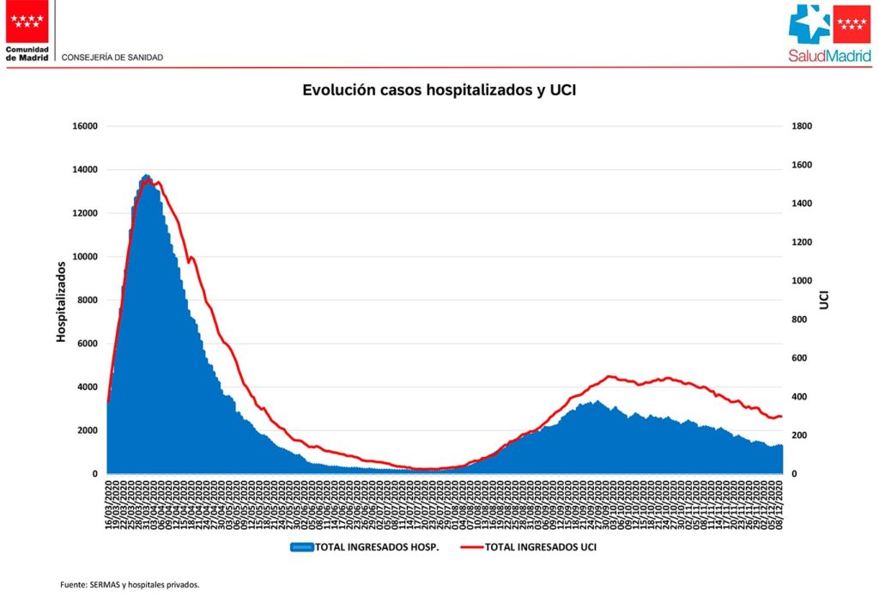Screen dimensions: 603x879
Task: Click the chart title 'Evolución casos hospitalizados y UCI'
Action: click(x=439, y=89)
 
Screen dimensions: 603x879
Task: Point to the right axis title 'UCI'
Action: click(x=823, y=299)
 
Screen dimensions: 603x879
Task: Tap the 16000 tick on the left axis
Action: click(x=86, y=126)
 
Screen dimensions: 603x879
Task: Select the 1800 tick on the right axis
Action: click(x=802, y=126)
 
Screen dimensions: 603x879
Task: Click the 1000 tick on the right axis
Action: click(x=802, y=281)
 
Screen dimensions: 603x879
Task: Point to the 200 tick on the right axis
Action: click(x=799, y=435)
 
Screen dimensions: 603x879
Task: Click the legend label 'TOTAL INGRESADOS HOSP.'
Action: click(x=377, y=546)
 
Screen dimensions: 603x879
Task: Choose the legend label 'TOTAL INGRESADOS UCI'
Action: click(x=540, y=546)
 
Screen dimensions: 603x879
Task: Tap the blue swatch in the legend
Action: click(x=301, y=546)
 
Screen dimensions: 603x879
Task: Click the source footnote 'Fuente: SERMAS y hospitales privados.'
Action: click(x=130, y=585)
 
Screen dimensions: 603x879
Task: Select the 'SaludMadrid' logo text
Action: click(x=829, y=56)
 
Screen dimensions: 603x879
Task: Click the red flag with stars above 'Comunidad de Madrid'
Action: click(x=27, y=21)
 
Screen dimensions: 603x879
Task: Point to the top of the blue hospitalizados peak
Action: click(x=146, y=176)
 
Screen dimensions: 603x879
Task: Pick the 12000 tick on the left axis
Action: click(x=86, y=213)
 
